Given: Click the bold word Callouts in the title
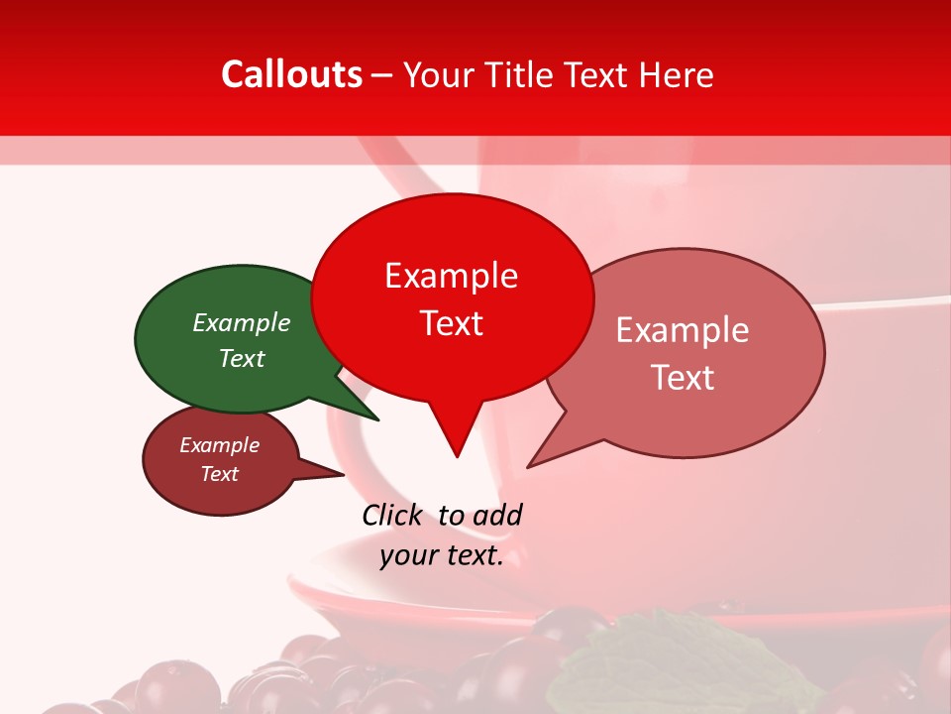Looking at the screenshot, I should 291,74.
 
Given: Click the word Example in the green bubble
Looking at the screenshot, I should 242,322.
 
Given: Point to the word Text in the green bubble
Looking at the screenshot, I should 242,358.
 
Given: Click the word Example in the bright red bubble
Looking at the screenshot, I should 451,276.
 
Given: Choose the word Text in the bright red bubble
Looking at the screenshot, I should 452,323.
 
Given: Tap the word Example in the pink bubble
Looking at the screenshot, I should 683,330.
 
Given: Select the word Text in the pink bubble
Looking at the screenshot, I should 683,378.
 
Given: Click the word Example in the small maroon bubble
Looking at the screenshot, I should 219,445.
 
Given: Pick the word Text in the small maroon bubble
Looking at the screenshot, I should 219,474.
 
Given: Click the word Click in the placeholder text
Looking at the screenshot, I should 392,515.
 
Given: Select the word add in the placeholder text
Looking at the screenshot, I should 497,515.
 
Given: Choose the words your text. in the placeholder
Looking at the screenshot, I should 442,555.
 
